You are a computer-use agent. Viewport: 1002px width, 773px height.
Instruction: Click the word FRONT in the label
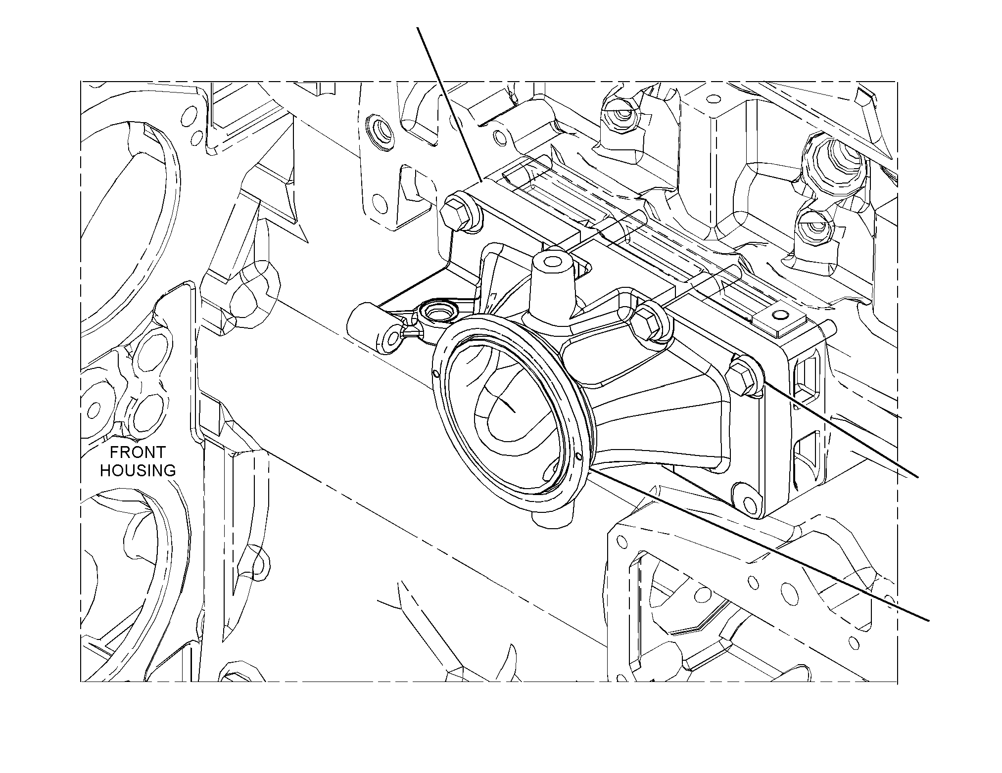[x=137, y=452]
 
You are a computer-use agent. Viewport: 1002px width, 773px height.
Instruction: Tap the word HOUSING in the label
[x=138, y=470]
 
